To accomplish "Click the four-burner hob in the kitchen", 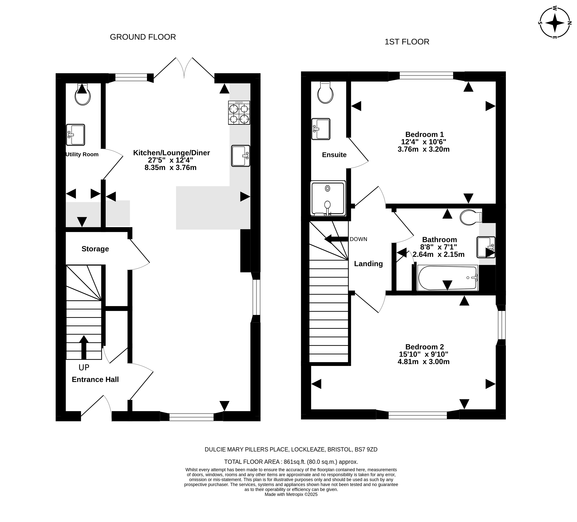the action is pos(239,113).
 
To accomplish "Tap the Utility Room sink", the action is pos(76,135).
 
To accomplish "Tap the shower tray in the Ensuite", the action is pos(328,198).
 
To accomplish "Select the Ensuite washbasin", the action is pos(321,129).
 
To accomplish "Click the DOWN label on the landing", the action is pos(358,239).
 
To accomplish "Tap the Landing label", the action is pos(368,264).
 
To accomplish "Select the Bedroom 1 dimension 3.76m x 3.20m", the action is pos(424,149).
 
